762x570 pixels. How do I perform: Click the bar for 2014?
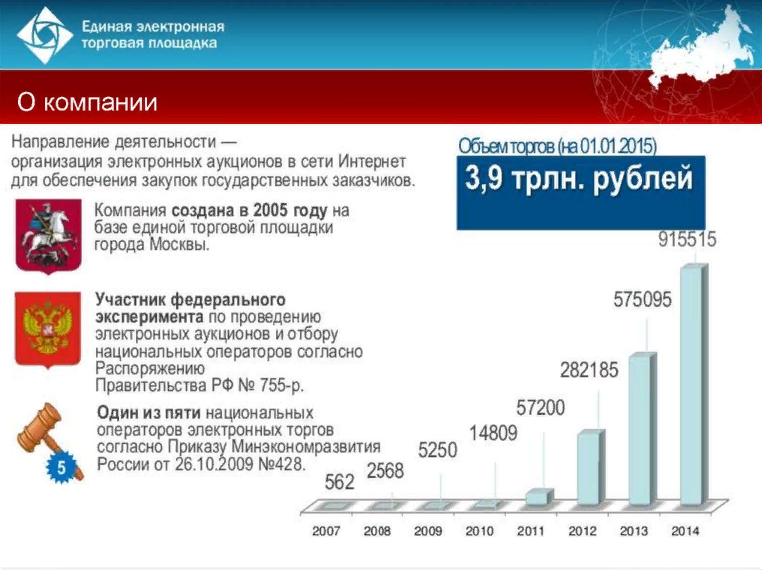pyautogui.click(x=694, y=385)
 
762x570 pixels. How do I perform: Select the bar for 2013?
pyautogui.click(x=642, y=430)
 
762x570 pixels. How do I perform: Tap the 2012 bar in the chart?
pyautogui.click(x=591, y=468)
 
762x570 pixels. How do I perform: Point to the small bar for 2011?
pyautogui.click(x=539, y=497)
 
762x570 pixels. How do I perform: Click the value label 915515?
pyautogui.click(x=687, y=239)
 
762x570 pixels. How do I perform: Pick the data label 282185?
pyautogui.click(x=589, y=370)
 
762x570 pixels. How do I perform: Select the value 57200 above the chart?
pyautogui.click(x=541, y=407)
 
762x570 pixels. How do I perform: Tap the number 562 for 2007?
pyautogui.click(x=339, y=482)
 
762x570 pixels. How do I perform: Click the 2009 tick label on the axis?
pyautogui.click(x=428, y=531)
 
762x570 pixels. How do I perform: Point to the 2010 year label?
pyautogui.click(x=479, y=531)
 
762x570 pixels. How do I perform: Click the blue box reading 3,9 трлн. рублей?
pyautogui.click(x=580, y=193)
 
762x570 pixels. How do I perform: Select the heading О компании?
pyautogui.click(x=87, y=102)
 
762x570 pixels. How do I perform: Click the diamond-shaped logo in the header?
pyautogui.click(x=45, y=35)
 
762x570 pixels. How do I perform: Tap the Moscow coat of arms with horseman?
pyautogui.click(x=48, y=236)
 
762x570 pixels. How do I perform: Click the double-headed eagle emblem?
pyautogui.click(x=48, y=330)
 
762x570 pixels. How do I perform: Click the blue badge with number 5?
pyautogui.click(x=61, y=468)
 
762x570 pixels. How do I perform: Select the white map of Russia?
pyautogui.click(x=700, y=54)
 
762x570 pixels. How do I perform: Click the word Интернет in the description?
pyautogui.click(x=373, y=161)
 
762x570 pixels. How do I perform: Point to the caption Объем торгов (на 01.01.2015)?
pyautogui.click(x=558, y=146)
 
